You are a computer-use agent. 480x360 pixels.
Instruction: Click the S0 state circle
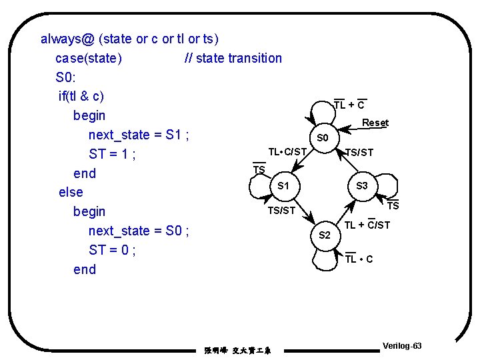323,138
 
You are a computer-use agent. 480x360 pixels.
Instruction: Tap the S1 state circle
283,186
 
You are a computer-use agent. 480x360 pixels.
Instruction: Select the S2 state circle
325,235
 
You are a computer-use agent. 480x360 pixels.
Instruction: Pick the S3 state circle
362,186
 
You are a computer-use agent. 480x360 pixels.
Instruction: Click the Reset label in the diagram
375,123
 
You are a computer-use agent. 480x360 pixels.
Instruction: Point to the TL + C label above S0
349,105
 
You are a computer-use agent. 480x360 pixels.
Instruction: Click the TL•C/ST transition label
287,152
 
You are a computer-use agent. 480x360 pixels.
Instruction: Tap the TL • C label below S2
359,259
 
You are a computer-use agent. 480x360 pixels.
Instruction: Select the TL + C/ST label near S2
367,225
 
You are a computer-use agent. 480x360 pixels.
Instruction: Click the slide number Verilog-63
402,346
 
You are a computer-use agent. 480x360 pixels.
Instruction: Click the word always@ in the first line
67,39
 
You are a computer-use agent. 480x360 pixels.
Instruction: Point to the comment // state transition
233,58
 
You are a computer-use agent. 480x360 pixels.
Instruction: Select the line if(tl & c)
81,96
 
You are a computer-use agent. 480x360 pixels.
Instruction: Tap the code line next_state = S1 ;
139,135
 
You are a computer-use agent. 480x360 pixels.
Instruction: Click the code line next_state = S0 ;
139,231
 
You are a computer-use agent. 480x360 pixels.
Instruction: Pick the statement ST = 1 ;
112,154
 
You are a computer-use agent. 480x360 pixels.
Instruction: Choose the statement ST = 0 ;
112,250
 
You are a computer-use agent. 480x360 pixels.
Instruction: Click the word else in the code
71,192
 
